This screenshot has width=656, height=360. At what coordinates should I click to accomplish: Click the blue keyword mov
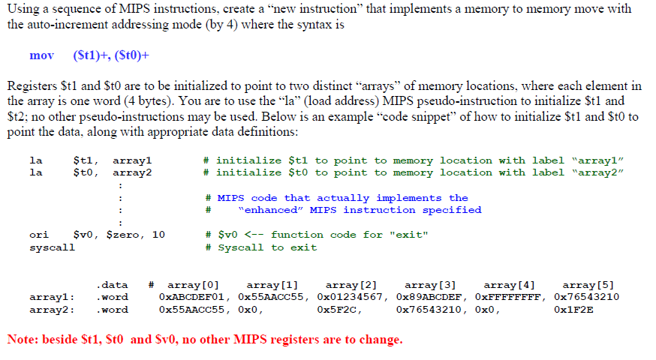(41, 56)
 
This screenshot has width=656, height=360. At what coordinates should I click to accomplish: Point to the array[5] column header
(588, 285)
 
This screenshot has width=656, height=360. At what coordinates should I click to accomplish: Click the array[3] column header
(429, 285)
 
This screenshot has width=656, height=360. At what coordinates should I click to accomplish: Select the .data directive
(112, 285)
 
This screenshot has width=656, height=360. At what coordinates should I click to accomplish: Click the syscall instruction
(51, 247)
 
